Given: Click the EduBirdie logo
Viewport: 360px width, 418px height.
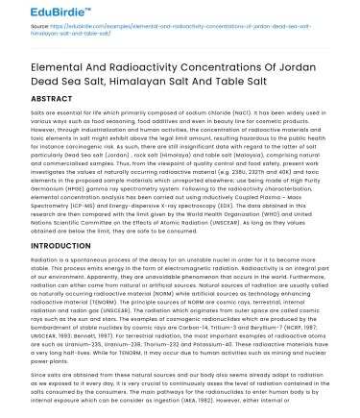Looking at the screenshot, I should pyautogui.click(x=48, y=12).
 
